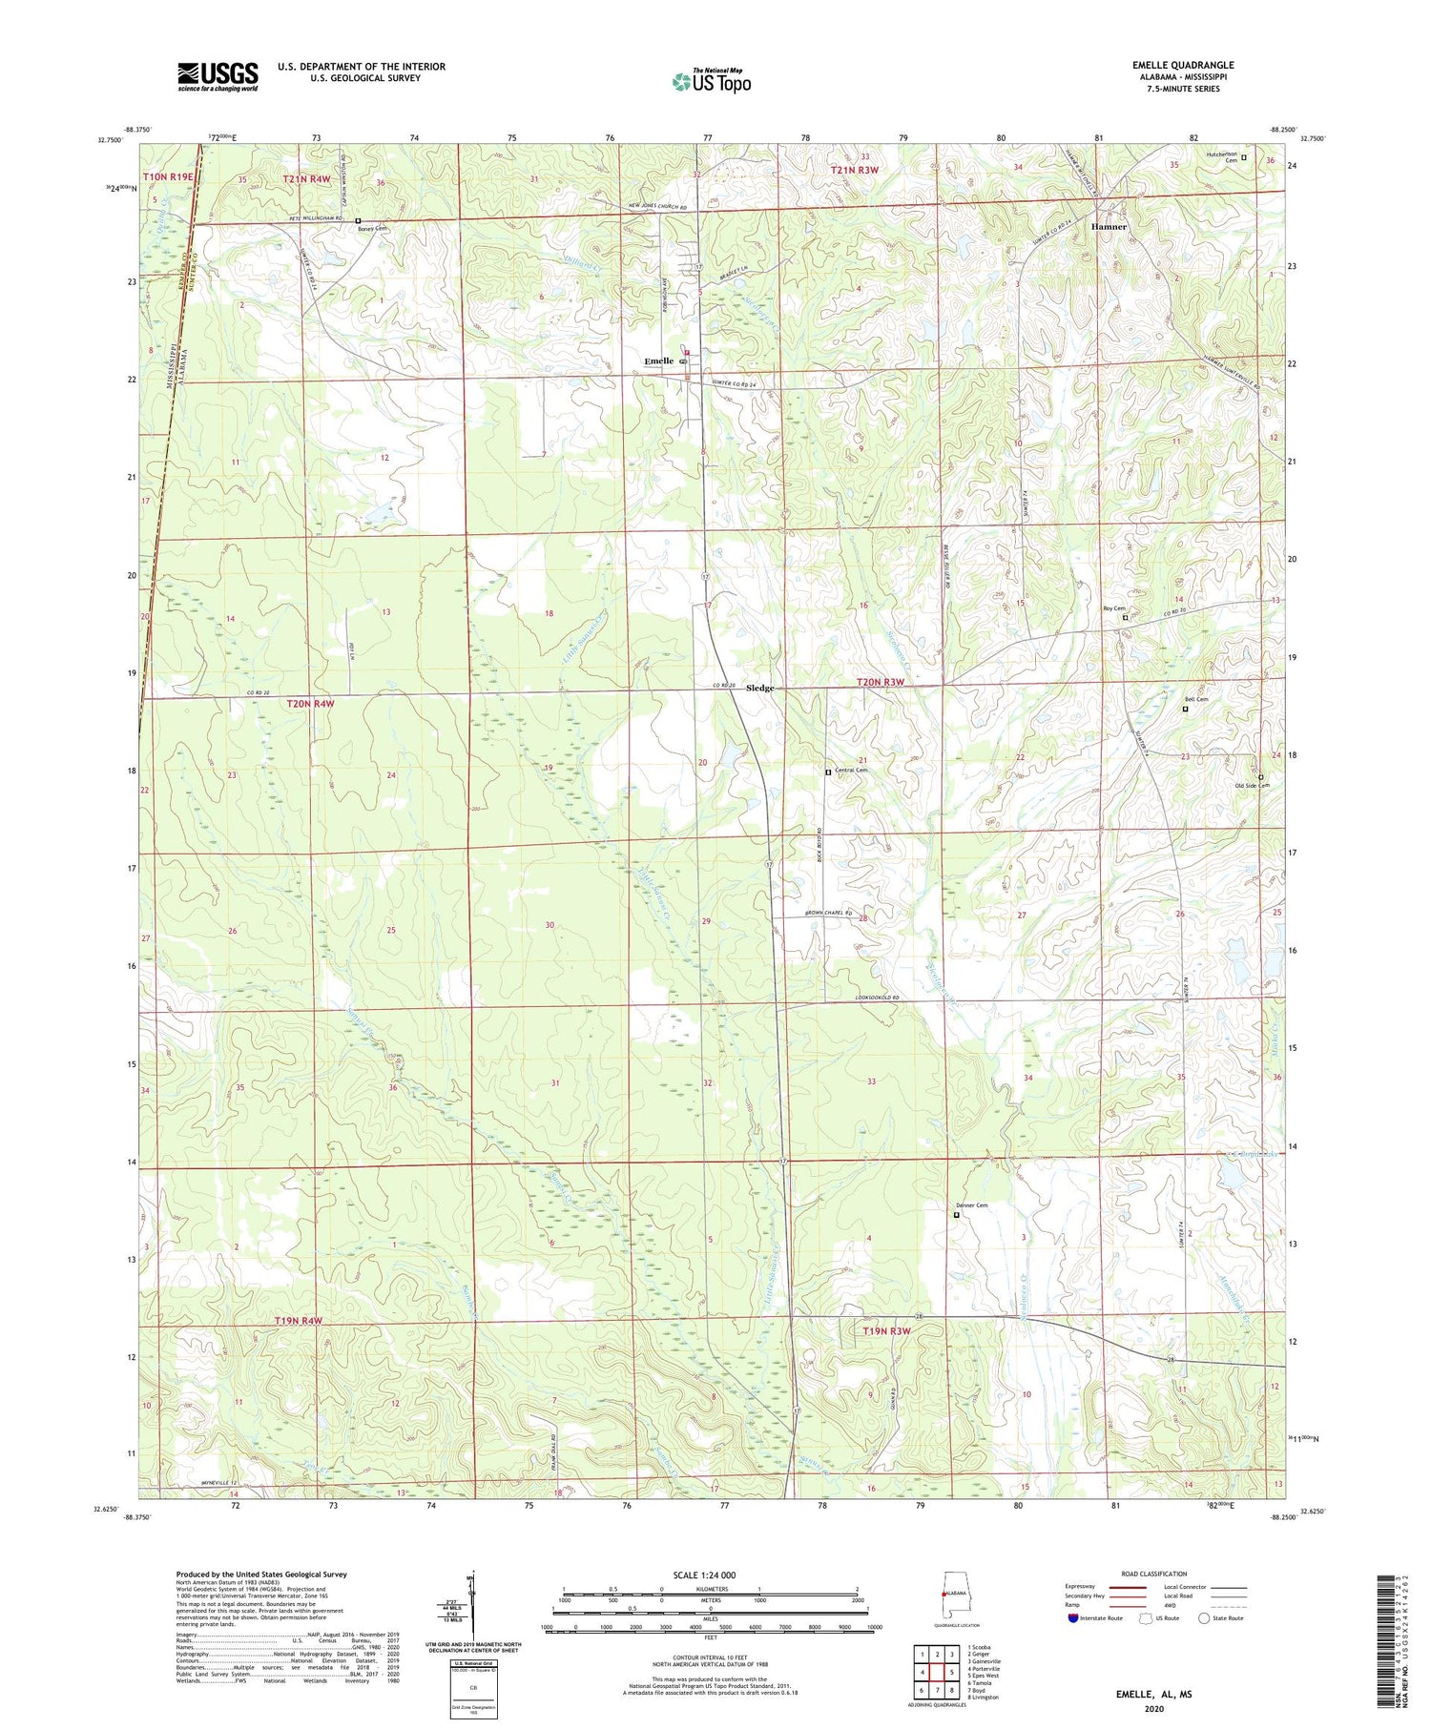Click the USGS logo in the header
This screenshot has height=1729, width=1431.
(218, 76)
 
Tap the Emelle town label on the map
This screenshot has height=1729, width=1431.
(659, 360)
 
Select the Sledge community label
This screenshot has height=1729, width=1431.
(759, 688)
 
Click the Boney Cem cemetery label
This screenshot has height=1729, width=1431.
(373, 229)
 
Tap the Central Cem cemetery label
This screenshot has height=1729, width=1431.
(850, 770)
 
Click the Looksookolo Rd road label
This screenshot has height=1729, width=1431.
(871, 998)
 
